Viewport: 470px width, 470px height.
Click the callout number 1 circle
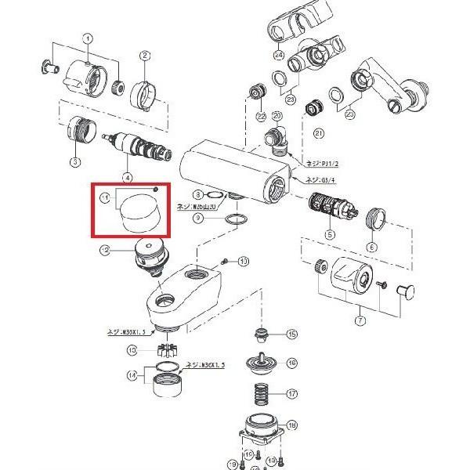click(89, 38)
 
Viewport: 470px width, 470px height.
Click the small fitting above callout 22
click(254, 95)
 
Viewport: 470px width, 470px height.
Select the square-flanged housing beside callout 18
click(258, 431)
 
